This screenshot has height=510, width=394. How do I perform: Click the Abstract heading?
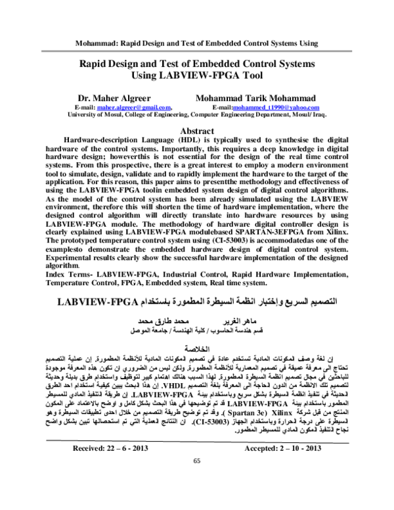198,131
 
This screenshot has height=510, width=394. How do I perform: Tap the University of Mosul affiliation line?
197,113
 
